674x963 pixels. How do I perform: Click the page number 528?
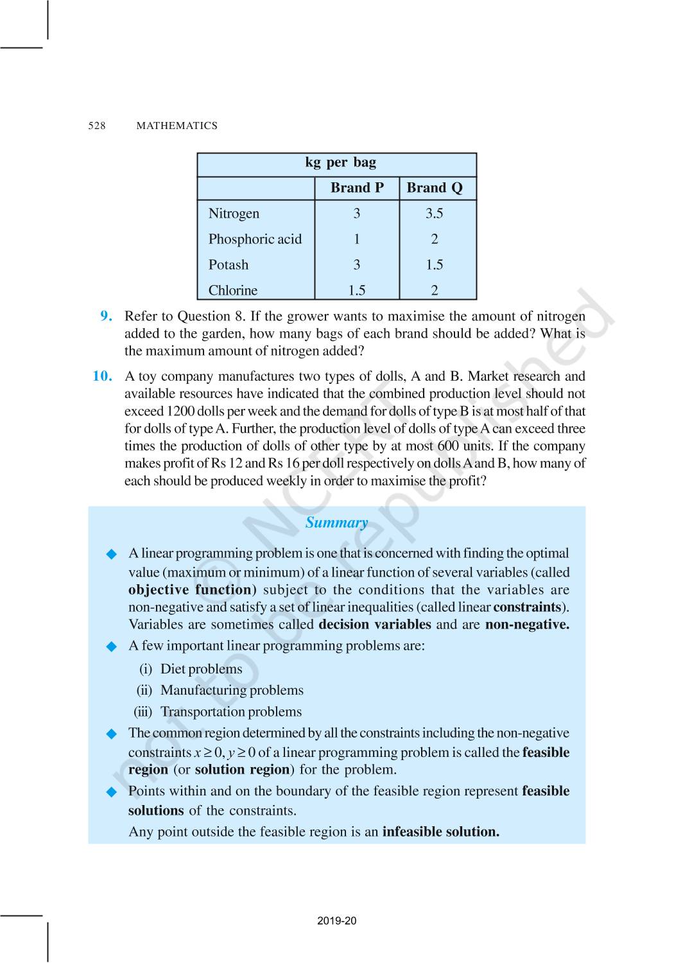click(x=97, y=126)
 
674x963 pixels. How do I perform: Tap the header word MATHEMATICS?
click(x=177, y=126)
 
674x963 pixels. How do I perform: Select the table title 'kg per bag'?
click(x=340, y=163)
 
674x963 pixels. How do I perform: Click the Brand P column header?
click(x=357, y=188)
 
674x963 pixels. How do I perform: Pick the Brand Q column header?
click(x=435, y=188)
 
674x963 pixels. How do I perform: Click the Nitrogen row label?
click(x=234, y=214)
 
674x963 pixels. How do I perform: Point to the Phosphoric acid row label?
click(x=255, y=239)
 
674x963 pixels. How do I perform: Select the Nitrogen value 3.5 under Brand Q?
click(x=434, y=214)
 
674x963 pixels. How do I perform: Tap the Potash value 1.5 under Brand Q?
click(x=434, y=265)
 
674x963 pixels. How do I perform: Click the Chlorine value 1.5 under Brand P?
click(x=357, y=291)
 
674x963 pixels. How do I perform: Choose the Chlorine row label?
click(x=232, y=291)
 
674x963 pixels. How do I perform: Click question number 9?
click(x=107, y=316)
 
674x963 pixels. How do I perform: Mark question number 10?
click(x=103, y=376)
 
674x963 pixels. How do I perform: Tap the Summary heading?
click(x=336, y=523)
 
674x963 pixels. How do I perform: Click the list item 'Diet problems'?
click(x=201, y=669)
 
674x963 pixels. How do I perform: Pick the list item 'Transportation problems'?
click(x=230, y=712)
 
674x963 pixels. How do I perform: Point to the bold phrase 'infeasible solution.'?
click(x=440, y=832)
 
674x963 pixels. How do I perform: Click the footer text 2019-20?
click(x=336, y=921)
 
